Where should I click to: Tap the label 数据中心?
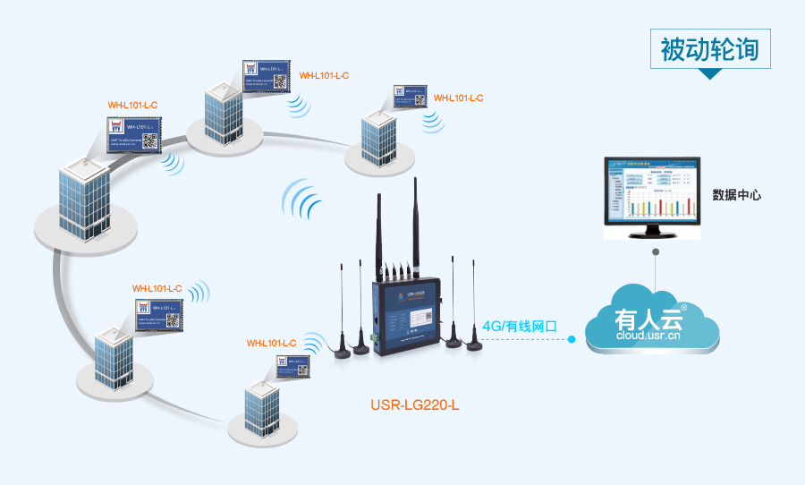tap(736, 194)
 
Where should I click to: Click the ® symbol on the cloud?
tap(684, 307)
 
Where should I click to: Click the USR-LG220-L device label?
tap(414, 404)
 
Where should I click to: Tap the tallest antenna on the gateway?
tap(416, 224)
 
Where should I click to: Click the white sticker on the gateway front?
tap(419, 317)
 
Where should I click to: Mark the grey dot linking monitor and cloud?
tap(657, 253)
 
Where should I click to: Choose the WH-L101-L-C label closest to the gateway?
tap(271, 343)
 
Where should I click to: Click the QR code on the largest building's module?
tap(149, 140)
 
